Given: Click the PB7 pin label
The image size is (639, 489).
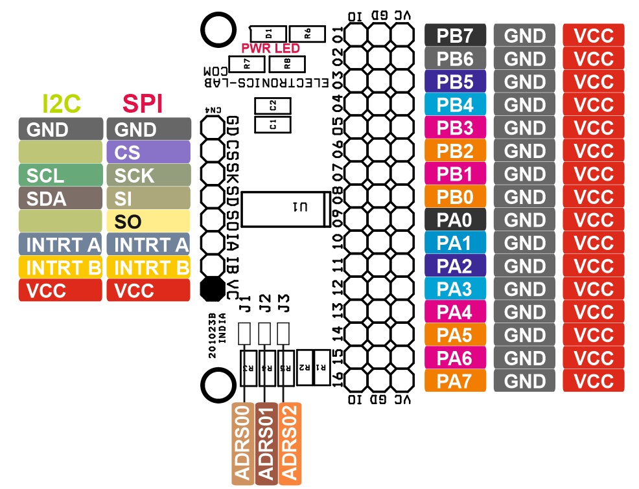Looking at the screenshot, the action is (455, 35).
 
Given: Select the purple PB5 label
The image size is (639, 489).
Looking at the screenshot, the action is (455, 81).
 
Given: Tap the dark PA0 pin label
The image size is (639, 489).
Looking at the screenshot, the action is (455, 220).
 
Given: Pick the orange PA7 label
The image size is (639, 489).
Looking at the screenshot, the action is (455, 381).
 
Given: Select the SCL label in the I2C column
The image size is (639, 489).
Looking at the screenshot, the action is (61, 175).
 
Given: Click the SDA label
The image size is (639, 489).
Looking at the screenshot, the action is (61, 198).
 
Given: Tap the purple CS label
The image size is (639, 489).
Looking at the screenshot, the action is (149, 152).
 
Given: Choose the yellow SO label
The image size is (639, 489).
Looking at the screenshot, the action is (149, 221).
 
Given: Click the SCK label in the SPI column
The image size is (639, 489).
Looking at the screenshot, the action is (149, 175).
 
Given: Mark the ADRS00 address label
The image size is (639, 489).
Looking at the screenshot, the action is (243, 444).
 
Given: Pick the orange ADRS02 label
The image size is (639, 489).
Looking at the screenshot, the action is (290, 444).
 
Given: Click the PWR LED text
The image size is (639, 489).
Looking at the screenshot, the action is (271, 49).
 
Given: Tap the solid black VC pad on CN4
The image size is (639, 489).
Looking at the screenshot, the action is (213, 288).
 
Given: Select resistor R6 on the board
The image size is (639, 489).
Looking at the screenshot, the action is (307, 34).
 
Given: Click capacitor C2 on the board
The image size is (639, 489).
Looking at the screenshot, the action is (273, 106).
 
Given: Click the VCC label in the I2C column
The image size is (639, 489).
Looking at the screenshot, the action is (61, 290).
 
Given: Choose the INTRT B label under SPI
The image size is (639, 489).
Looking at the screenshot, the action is (149, 267).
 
